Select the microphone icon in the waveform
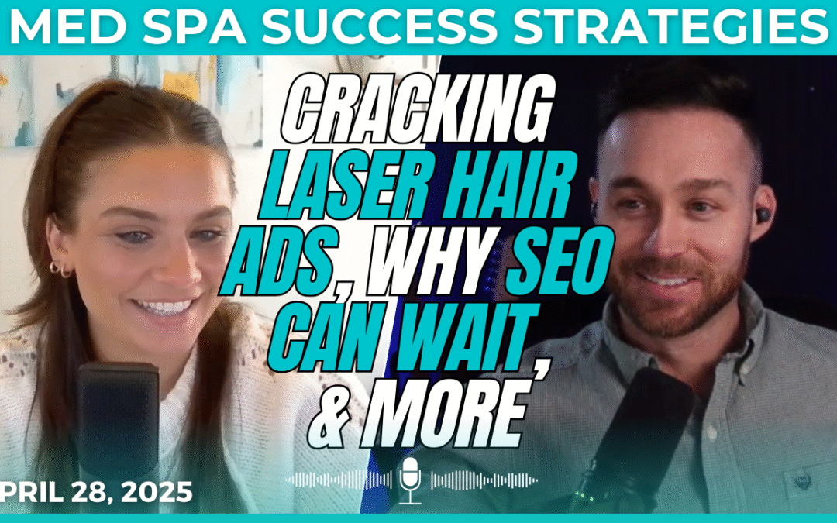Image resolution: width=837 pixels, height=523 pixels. click(409, 480)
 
